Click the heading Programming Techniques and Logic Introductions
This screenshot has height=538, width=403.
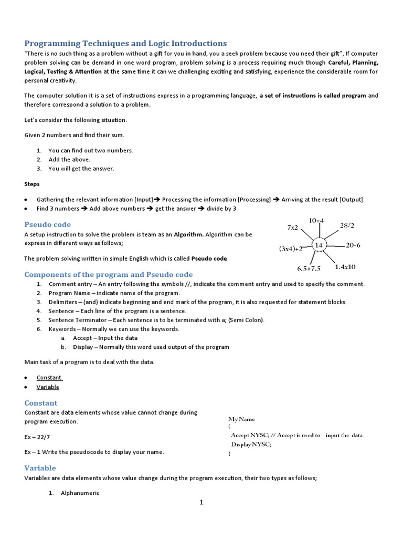(125, 43)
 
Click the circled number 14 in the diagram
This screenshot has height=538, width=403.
(319, 245)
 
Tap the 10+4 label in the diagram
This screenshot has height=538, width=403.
(316, 220)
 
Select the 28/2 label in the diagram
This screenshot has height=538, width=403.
(347, 225)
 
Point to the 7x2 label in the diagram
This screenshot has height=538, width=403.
(292, 227)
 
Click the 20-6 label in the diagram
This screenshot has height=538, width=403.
(353, 245)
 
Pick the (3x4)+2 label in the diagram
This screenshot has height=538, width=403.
(291, 249)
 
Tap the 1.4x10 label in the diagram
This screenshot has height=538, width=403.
(345, 266)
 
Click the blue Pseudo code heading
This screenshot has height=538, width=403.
(48, 224)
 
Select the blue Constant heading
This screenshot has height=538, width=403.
(41, 403)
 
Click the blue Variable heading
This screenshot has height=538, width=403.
(40, 468)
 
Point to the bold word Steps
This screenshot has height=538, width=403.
(32, 184)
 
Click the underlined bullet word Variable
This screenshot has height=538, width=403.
(48, 387)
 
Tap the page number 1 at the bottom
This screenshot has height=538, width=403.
(201, 503)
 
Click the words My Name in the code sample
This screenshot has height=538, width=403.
(241, 419)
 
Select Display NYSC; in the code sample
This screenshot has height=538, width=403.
(251, 444)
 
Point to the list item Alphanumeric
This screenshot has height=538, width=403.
(80, 493)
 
